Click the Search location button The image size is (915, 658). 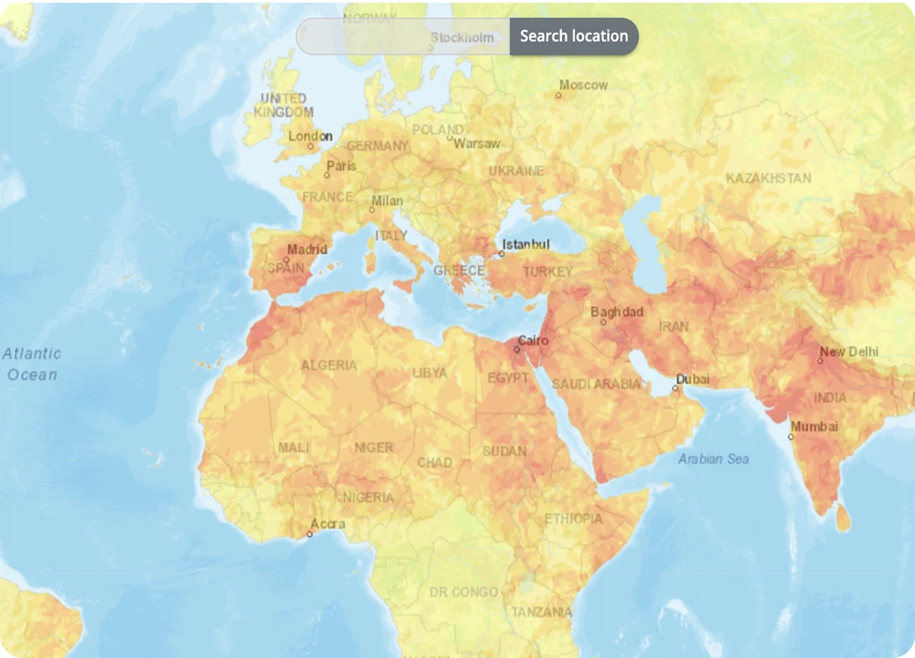pos(573,36)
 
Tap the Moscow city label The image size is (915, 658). pos(583,85)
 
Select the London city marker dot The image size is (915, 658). pos(311,147)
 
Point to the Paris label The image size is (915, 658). pos(341,166)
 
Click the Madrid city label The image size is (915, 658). pos(307,250)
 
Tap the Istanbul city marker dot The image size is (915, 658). pos(501,254)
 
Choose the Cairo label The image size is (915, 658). pos(533,340)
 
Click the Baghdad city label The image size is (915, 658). pos(617,312)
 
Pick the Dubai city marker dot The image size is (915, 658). pos(675,388)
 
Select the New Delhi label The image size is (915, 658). pos(849,352)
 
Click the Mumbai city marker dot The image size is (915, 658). pos(791,436)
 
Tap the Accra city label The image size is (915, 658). pos(328,524)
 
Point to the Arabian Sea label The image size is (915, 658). pos(713,458)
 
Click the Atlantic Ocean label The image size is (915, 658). pos(32,364)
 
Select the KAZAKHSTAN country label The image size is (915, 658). pos(768,178)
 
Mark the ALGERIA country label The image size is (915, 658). pos(329,365)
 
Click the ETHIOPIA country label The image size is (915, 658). pos(573,519)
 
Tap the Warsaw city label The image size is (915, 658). pos(477,144)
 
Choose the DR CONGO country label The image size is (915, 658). pos(464,592)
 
